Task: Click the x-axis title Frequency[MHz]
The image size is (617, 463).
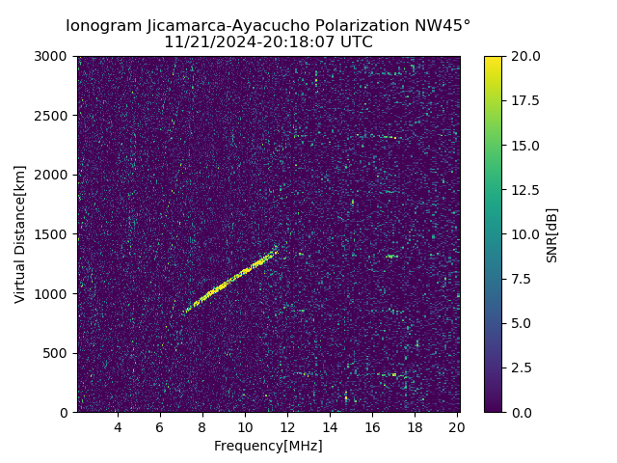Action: (x=268, y=446)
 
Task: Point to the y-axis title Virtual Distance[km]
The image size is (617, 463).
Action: (x=20, y=233)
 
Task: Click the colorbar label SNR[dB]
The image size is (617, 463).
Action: (x=552, y=234)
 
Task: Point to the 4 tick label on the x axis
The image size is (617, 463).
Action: (x=118, y=427)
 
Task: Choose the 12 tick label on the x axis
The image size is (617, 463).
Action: (x=287, y=427)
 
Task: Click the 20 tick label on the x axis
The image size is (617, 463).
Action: (x=457, y=427)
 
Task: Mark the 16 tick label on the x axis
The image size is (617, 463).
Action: (x=372, y=427)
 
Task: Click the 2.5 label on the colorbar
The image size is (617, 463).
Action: (x=522, y=368)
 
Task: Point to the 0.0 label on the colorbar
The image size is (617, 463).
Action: (x=522, y=412)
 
